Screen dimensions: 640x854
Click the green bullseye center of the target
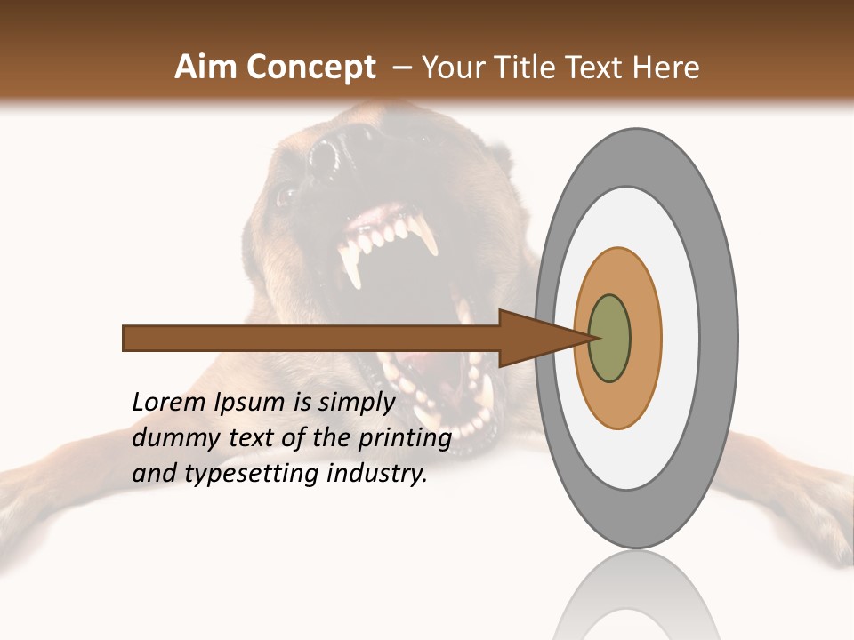(610, 339)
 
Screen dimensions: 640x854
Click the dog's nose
(334, 156)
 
